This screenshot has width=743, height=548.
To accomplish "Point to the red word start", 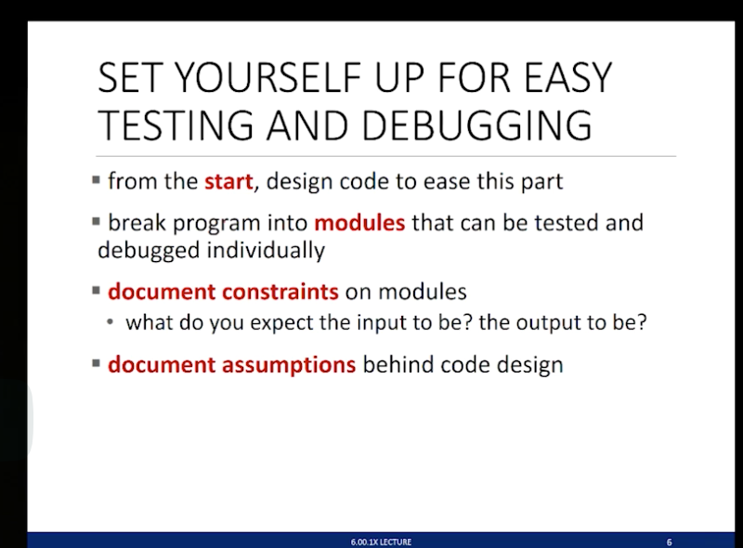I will pyautogui.click(x=228, y=181).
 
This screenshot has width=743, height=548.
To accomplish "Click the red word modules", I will pyautogui.click(x=359, y=224).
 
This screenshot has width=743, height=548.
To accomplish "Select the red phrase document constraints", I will pyautogui.click(x=223, y=292).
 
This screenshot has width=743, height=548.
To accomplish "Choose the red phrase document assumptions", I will pyautogui.click(x=231, y=365).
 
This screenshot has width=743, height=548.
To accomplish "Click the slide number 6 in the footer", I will pyautogui.click(x=669, y=541).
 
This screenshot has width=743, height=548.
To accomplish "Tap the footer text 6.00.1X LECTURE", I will pyautogui.click(x=381, y=541).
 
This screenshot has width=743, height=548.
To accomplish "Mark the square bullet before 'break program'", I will pyautogui.click(x=98, y=222).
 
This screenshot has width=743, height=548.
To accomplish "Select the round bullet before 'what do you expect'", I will pyautogui.click(x=111, y=324).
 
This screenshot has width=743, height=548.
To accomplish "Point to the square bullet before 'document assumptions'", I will pyautogui.click(x=98, y=363).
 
